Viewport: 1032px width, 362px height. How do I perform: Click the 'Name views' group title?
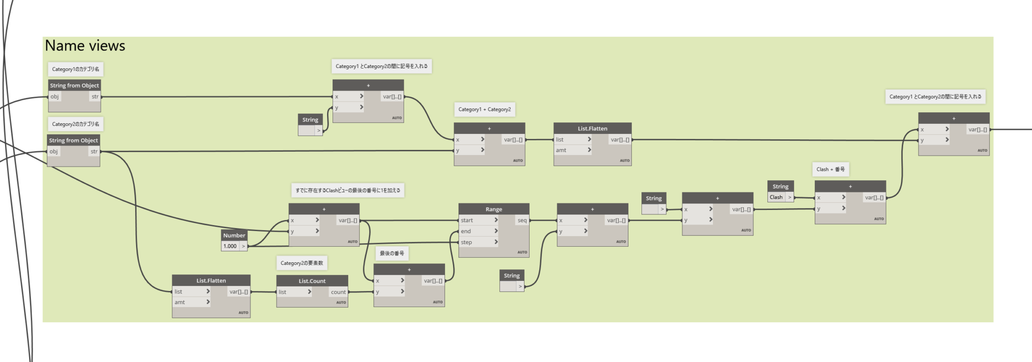85,46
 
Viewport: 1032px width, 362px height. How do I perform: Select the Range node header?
494,209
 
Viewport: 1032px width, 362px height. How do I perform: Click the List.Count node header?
312,281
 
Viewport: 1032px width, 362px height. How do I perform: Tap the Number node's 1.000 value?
230,246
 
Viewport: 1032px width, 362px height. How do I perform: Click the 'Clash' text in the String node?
776,197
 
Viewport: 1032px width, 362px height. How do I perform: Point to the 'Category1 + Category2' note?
484,109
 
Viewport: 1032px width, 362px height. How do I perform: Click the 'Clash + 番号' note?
830,169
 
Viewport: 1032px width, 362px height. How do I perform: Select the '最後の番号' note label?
392,253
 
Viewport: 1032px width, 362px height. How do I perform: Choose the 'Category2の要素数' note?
302,263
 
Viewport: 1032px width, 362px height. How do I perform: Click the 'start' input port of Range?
467,220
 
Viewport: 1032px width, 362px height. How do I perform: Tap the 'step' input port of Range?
467,242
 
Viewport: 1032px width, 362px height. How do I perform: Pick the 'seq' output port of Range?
522,220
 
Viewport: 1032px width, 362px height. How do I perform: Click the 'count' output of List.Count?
338,292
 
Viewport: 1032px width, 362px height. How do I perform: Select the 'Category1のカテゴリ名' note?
76,69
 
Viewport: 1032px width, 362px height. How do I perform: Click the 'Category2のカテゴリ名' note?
76,124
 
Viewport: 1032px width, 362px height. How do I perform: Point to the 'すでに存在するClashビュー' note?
348,190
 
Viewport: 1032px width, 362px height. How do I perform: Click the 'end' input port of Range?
466,231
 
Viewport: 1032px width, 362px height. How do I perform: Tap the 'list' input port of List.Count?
283,292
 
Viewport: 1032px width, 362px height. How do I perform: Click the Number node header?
234,235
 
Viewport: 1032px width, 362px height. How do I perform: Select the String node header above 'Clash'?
781,186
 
